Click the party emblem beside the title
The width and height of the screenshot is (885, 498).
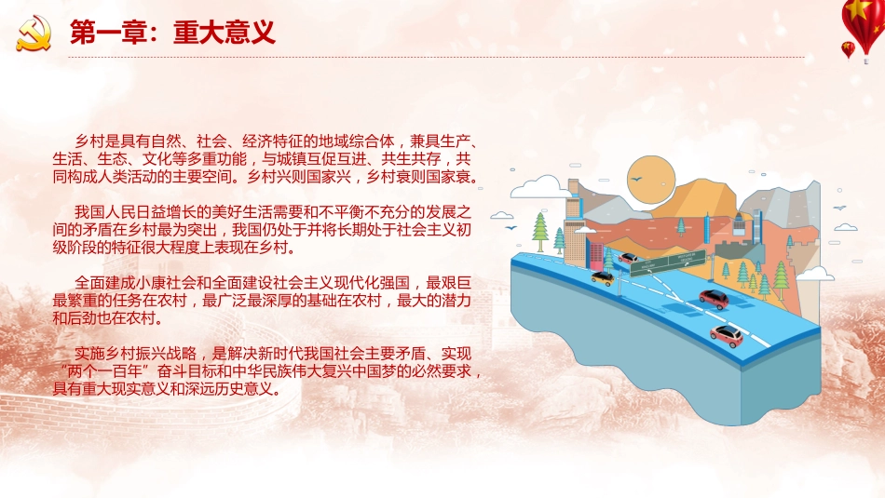click(x=34, y=34)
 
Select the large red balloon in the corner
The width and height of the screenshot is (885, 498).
click(x=863, y=19)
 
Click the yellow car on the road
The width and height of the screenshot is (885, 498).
click(x=601, y=276)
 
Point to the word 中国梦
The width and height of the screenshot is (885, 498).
click(x=365, y=371)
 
